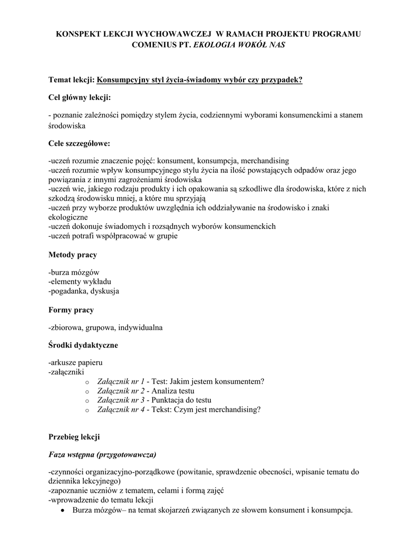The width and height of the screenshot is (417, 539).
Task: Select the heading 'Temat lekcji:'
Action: click(x=71, y=79)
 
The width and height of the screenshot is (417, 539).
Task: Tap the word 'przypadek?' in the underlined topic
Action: click(x=284, y=79)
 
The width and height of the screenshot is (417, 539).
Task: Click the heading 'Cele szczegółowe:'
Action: click(x=79, y=143)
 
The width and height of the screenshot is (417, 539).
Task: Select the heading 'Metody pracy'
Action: click(x=72, y=255)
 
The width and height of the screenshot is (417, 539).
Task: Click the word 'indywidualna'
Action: click(x=141, y=328)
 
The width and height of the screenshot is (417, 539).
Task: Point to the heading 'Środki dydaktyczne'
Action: click(x=83, y=345)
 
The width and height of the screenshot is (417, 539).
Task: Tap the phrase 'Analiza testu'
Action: click(x=173, y=391)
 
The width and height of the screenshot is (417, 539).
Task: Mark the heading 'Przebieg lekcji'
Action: click(x=74, y=437)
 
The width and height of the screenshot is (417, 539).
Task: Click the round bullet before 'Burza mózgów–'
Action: click(x=63, y=511)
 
